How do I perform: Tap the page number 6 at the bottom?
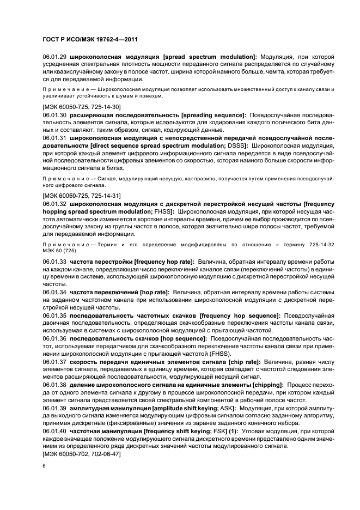45,466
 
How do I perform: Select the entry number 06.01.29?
54,57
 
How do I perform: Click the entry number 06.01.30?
54,116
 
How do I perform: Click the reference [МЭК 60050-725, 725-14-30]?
82,107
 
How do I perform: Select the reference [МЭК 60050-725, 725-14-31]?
82,195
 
